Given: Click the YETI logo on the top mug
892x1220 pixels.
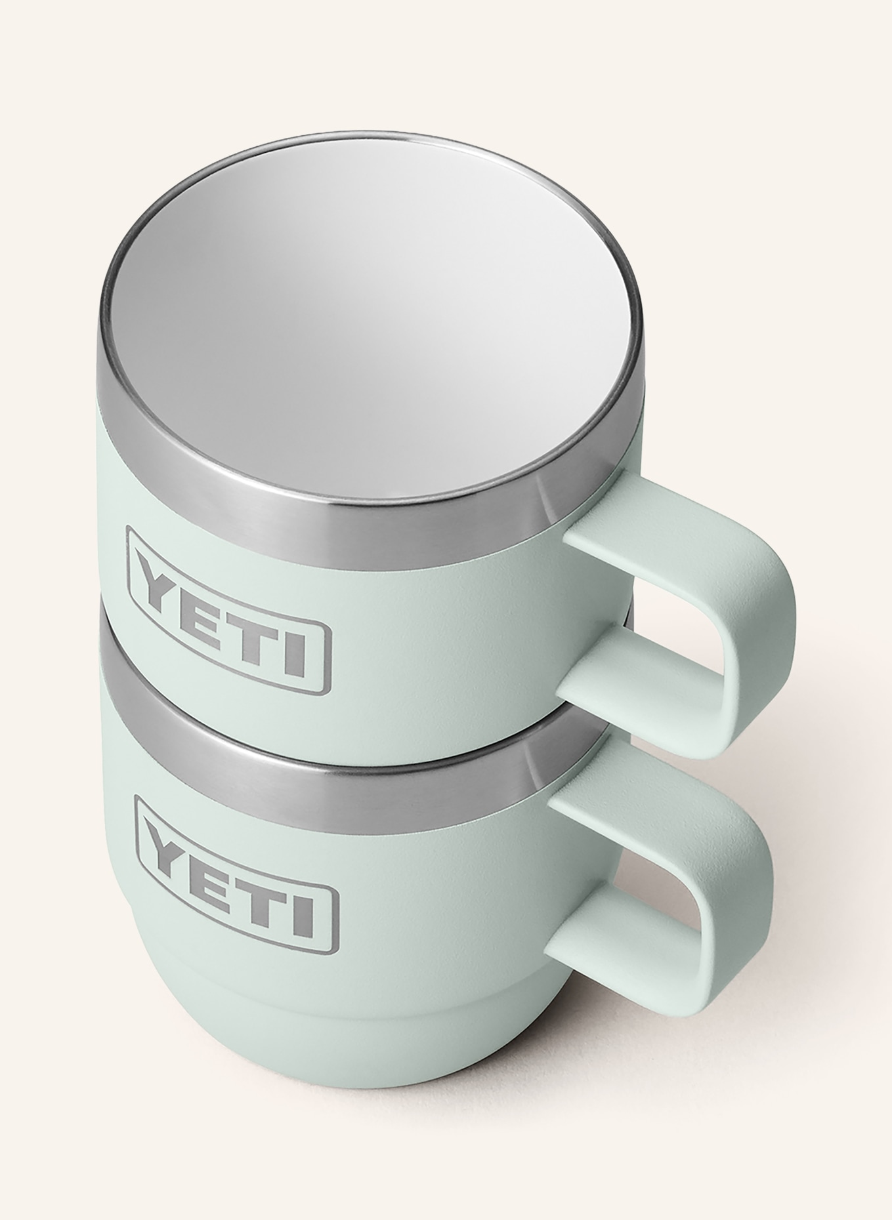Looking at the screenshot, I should [x=228, y=619].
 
